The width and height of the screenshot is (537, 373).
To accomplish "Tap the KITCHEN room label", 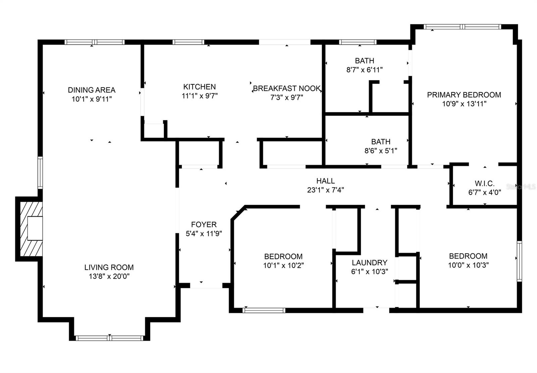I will click(x=199, y=87).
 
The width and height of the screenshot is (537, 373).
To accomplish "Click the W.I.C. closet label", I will click(x=485, y=183).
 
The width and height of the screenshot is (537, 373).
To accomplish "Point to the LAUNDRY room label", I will click(x=370, y=262).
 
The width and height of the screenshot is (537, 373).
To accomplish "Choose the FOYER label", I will click(x=204, y=224).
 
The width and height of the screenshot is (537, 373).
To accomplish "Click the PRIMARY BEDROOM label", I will click(x=464, y=95).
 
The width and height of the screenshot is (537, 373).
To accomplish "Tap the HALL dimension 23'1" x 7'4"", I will click(x=325, y=190).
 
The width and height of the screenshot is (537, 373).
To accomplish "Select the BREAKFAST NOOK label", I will click(x=287, y=88).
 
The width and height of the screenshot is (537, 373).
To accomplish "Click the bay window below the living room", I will click(x=109, y=338).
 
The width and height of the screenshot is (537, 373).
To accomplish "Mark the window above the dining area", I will click(x=94, y=42).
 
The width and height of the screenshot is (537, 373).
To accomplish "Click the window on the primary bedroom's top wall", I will click(x=462, y=27).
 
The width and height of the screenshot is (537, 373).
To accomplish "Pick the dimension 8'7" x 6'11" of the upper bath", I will click(x=364, y=70).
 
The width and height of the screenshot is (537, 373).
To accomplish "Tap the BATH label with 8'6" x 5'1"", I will click(x=381, y=141).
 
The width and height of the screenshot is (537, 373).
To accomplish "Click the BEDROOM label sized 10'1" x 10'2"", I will click(x=283, y=256).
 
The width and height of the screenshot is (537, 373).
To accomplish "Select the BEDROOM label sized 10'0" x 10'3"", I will click(x=468, y=256).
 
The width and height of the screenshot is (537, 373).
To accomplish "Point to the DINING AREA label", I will click(x=92, y=90).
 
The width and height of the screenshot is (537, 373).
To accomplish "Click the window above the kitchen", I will click(x=188, y=42).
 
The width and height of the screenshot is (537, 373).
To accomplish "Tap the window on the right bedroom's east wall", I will click(x=519, y=261).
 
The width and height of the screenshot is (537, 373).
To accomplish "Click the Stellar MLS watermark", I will click(x=521, y=187).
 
